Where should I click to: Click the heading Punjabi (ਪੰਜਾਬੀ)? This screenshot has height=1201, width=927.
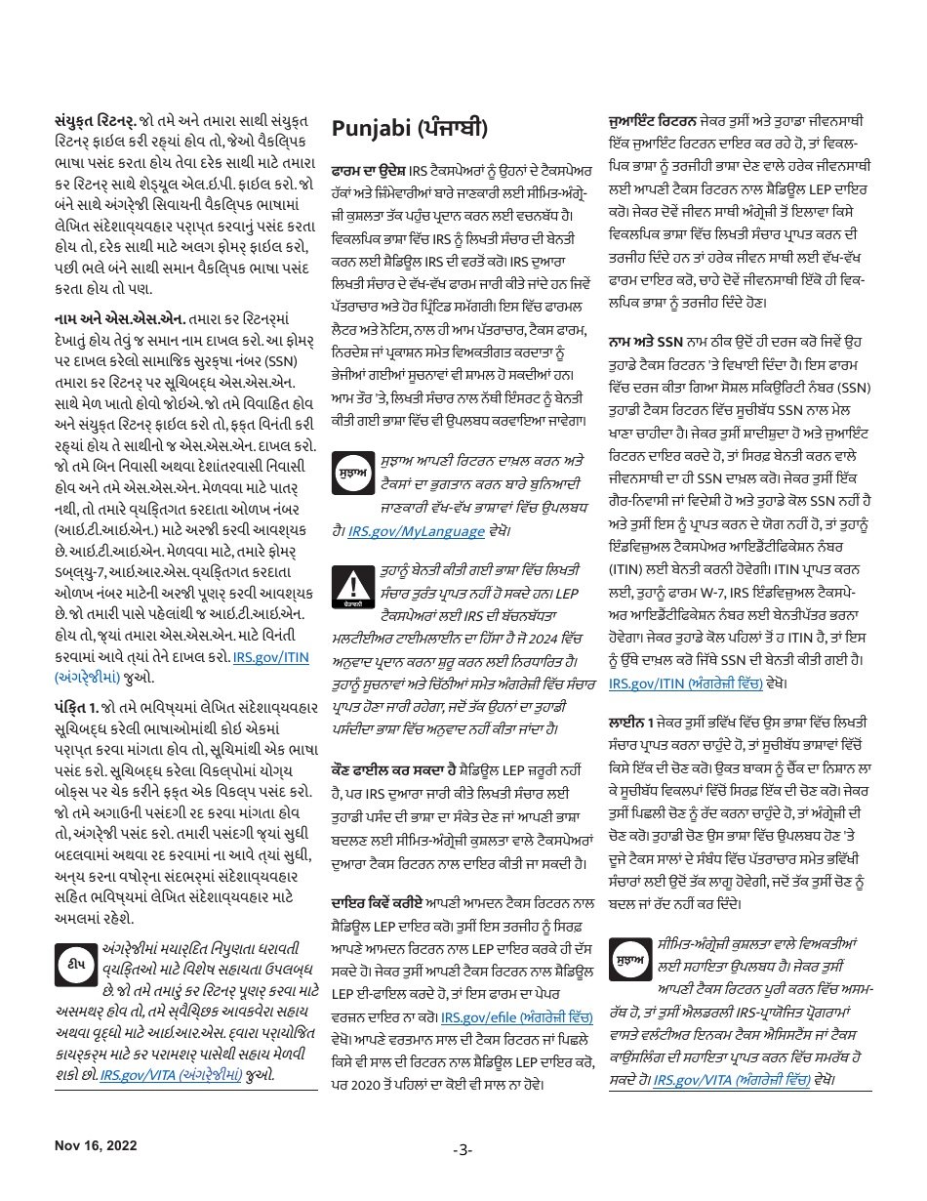coord(409,128)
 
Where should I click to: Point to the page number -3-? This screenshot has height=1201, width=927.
coord(463,1149)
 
